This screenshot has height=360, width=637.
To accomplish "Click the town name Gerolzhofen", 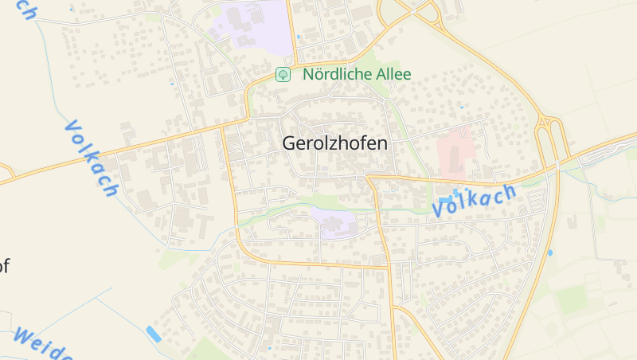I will pyautogui.click(x=334, y=143).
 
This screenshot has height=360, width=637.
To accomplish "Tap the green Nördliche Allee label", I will pyautogui.click(x=357, y=74).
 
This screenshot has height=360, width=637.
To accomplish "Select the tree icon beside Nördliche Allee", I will pyautogui.click(x=282, y=74).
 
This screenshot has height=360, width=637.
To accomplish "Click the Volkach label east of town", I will pyautogui.click(x=475, y=199).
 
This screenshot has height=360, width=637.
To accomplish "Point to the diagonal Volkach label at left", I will pyautogui.click(x=91, y=158).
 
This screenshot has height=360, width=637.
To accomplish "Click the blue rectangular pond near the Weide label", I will pyautogui.click(x=154, y=334).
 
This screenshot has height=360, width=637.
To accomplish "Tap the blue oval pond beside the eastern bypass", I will pyautogui.click(x=549, y=252).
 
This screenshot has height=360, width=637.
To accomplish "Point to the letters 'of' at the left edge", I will pyautogui.click(x=4, y=266).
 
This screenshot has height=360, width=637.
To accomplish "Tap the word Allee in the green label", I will pyautogui.click(x=394, y=74).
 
